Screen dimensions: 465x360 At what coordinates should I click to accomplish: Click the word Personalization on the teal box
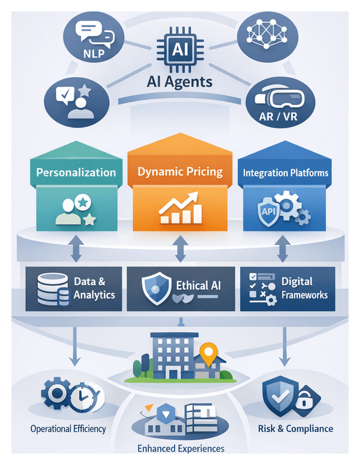(76, 172)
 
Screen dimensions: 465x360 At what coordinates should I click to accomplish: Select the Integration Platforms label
(286, 172)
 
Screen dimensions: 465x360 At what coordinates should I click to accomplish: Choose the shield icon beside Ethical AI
(156, 285)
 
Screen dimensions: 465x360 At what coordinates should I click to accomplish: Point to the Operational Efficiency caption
(68, 428)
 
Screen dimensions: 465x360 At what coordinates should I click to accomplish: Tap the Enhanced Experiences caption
(181, 448)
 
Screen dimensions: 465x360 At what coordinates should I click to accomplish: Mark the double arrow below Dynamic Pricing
(180, 249)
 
